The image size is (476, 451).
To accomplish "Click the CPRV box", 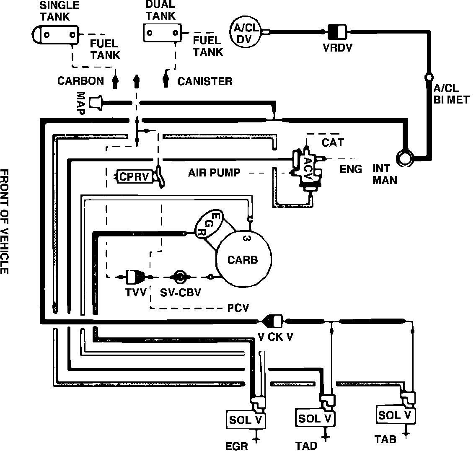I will pos(134,176).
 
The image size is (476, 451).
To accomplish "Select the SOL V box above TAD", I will pos(315,418).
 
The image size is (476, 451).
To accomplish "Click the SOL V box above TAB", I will pos(396,415).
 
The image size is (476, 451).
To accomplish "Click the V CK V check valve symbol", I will pos(274,321).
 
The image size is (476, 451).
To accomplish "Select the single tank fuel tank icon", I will pos(55,34).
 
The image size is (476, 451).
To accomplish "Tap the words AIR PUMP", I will pos(214,172).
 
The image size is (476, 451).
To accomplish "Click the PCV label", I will pos(238,308).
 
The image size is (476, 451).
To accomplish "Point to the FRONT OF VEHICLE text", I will pos(5,221).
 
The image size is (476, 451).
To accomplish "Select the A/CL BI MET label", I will pos(451,94).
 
